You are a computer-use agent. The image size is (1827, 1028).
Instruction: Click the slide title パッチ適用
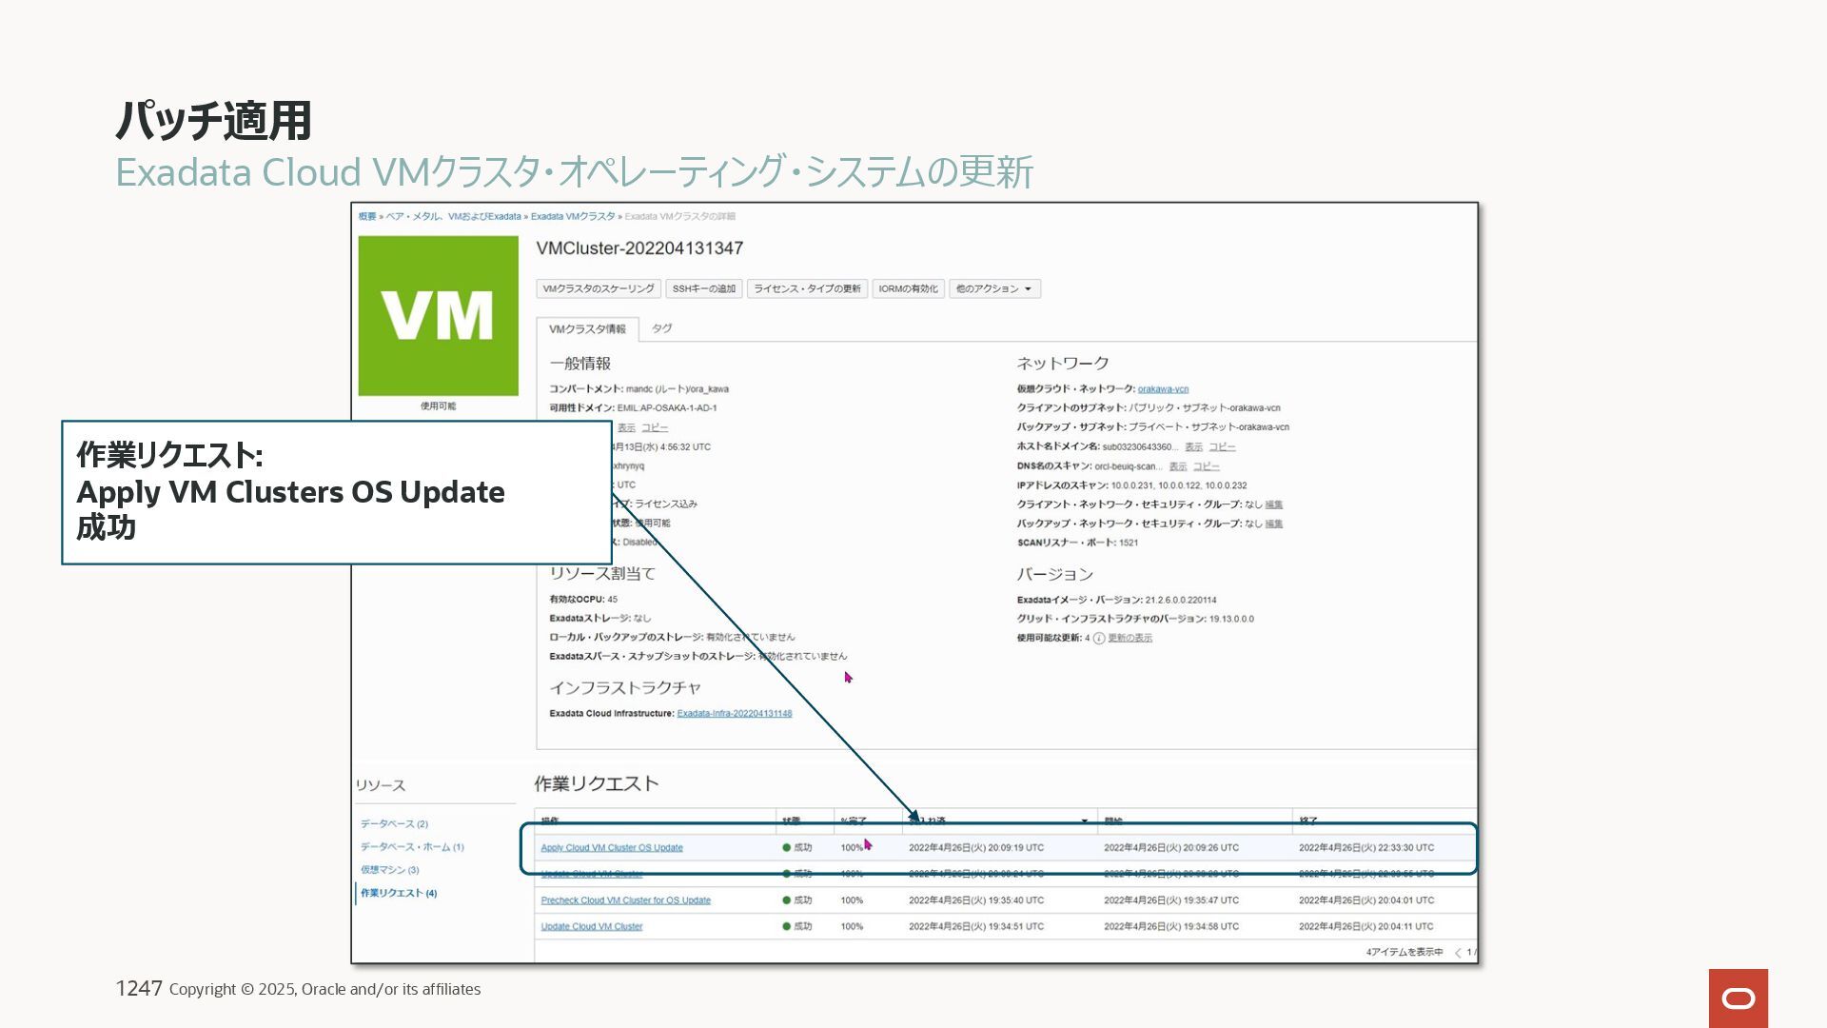pyautogui.click(x=213, y=121)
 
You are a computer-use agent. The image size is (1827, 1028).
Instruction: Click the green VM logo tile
pyautogui.click(x=438, y=315)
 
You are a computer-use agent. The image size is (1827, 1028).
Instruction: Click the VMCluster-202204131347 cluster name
pyautogui.click(x=639, y=248)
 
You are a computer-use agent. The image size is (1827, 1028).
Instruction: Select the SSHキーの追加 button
pyautogui.click(x=703, y=288)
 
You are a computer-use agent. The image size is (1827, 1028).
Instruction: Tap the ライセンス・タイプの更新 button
pyautogui.click(x=807, y=288)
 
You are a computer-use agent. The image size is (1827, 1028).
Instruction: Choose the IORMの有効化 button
pyautogui.click(x=908, y=288)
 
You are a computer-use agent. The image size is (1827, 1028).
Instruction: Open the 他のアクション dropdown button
pyautogui.click(x=993, y=288)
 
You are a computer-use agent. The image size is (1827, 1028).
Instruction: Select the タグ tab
pyautogui.click(x=661, y=328)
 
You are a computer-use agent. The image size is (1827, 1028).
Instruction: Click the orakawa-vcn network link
pyautogui.click(x=1163, y=389)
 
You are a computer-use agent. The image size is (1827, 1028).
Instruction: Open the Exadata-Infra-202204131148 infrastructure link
pyautogui.click(x=734, y=713)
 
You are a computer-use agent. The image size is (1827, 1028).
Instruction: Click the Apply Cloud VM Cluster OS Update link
pyautogui.click(x=612, y=847)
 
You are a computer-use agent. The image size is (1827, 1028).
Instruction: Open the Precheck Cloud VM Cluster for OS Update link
pyautogui.click(x=625, y=900)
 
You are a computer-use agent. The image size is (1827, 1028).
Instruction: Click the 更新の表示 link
pyautogui.click(x=1130, y=638)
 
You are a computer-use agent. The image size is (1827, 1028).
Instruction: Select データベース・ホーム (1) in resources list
pyautogui.click(x=411, y=847)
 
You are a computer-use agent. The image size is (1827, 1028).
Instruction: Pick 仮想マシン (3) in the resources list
pyautogui.click(x=389, y=870)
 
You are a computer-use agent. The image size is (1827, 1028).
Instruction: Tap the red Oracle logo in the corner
pyautogui.click(x=1738, y=998)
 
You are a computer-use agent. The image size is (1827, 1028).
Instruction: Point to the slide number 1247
pyautogui.click(x=139, y=989)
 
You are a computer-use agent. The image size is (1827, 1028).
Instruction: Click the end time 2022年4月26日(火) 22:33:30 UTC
pyautogui.click(x=1365, y=847)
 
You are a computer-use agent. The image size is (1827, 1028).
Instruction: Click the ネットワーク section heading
pyautogui.click(x=1062, y=364)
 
